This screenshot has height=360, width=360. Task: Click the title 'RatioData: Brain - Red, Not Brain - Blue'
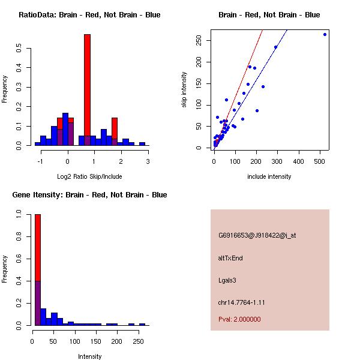89,15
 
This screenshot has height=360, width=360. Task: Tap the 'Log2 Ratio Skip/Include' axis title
89,176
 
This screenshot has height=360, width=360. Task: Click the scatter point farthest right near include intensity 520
325,34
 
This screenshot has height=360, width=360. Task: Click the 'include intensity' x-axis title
269,176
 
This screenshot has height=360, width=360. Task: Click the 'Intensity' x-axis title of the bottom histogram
89,356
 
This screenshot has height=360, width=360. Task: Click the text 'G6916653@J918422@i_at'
257,235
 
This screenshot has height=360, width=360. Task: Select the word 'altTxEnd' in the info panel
230,258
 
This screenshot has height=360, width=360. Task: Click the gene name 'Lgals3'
227,280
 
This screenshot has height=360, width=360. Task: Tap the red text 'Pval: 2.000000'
239,319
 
